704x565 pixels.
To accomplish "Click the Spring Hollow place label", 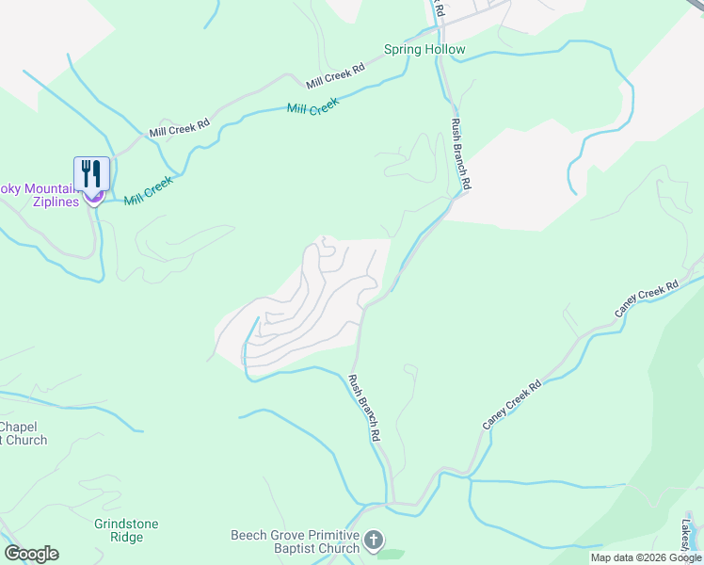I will point(424,49).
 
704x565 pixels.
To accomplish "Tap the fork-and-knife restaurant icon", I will point(92,173).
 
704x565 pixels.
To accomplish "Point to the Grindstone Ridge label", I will point(126,530).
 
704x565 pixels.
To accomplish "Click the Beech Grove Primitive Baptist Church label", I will point(296,541).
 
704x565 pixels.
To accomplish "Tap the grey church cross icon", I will point(374,541).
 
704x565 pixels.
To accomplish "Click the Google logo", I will point(31,554).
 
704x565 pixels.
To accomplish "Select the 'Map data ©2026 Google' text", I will point(646,557).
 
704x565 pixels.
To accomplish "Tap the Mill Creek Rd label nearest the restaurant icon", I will point(178,127).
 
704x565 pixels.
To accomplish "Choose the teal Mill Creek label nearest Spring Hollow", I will point(312,108).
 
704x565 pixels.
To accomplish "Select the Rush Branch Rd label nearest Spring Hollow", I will point(460,155).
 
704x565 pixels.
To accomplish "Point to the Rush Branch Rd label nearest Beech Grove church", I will point(364,409).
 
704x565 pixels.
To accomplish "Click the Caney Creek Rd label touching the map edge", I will point(647,299).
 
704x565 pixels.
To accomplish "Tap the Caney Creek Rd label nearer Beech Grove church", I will point(513,405).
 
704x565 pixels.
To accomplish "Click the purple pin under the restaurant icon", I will point(94,197).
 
